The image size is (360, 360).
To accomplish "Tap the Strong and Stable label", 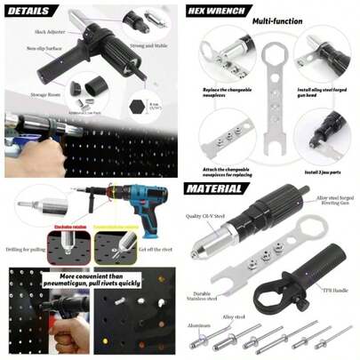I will click(148, 44).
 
